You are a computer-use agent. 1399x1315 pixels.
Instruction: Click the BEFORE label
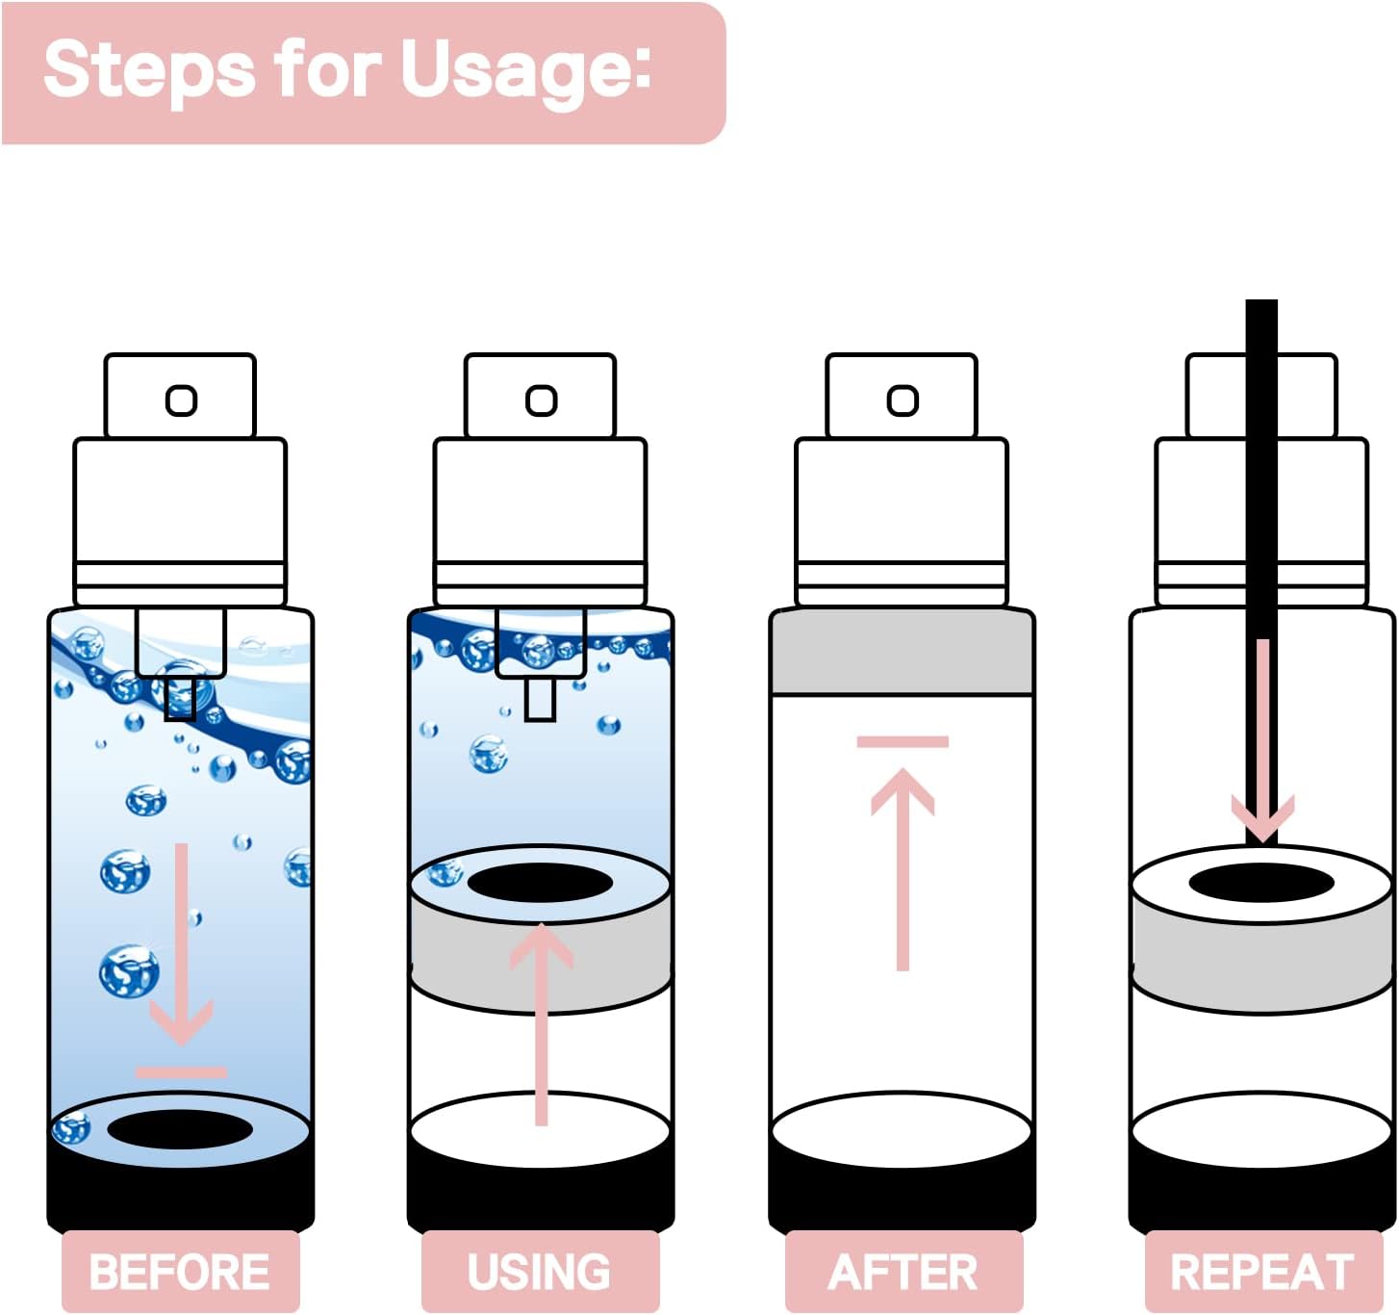180,1271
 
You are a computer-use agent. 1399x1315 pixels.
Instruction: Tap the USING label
539,1271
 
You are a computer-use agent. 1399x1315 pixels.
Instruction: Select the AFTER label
903,1271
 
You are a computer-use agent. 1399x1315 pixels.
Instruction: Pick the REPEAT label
1262,1271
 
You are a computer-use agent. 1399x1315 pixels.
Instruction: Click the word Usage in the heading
525,69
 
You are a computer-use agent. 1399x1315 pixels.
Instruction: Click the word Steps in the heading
149,69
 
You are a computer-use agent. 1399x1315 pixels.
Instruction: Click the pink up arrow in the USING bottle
542,1020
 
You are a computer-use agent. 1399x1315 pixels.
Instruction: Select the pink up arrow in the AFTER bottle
903,866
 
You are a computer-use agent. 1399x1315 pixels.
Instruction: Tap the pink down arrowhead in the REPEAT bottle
1262,818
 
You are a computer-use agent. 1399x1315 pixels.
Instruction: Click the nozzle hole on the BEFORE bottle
181,400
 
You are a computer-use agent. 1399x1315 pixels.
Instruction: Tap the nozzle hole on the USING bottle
542,400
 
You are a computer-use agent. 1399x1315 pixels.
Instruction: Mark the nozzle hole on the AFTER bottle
903,400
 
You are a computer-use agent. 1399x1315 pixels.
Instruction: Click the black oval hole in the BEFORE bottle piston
180,1129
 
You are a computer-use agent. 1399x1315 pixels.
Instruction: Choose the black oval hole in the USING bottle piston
540,883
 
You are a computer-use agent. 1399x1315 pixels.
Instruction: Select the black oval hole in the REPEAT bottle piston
1261,883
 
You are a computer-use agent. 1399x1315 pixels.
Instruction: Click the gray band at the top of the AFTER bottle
903,652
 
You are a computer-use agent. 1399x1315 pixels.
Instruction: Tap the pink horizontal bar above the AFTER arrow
903,741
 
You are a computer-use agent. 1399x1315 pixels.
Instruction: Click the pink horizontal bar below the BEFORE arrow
181,1071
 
